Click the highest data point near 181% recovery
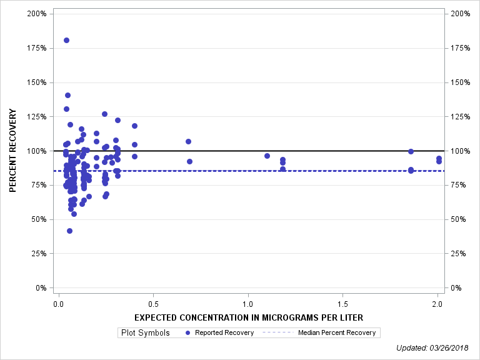coord(66,40)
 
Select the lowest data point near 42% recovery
coord(69,231)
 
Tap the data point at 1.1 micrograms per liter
coord(267,156)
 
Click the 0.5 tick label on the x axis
coord(153,304)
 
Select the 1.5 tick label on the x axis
coord(342,304)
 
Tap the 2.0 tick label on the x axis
coord(437,304)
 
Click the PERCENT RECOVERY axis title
coord(12,151)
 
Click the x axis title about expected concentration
coord(249,317)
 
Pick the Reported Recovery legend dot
coord(188,332)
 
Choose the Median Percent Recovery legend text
coord(337,332)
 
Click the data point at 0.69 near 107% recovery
coord(188,141)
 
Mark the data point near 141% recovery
coord(67,95)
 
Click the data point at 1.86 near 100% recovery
coord(411,151)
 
